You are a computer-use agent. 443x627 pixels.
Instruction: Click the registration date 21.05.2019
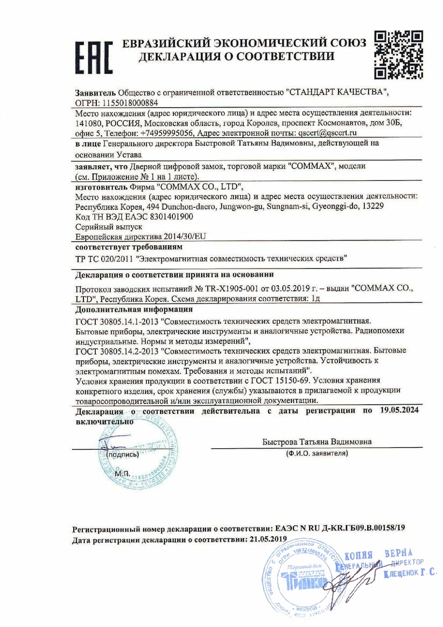click(266, 539)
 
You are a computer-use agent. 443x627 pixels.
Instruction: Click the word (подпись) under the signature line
click(123, 454)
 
